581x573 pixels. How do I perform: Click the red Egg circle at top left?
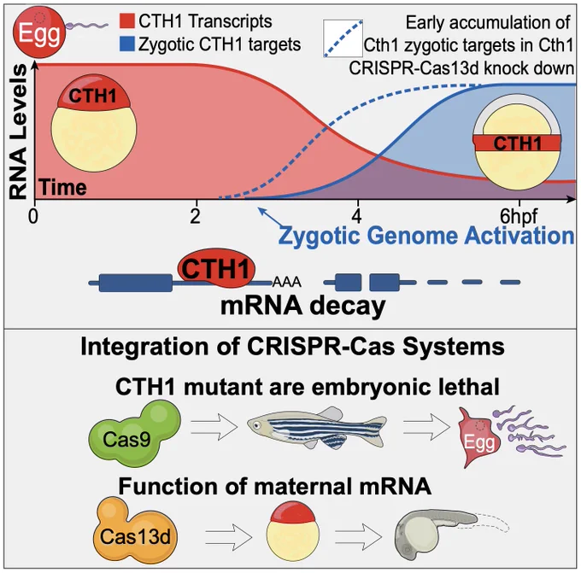coord(39,32)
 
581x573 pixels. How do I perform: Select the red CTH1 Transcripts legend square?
coord(126,20)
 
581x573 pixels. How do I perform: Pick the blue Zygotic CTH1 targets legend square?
coord(126,44)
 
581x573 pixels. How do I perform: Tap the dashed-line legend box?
coord(343,38)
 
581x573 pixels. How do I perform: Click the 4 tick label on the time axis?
coord(357,216)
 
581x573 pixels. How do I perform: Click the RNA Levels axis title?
coord(18,132)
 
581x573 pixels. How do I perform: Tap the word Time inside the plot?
coord(62,187)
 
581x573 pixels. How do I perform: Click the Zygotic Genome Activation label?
coord(426,236)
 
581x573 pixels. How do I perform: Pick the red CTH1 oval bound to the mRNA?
coord(216,268)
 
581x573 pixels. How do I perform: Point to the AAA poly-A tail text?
coord(287,283)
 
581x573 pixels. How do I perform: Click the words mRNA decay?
coord(303,307)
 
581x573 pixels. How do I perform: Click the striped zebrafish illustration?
coord(317,428)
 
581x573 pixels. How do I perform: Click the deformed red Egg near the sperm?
coord(479,437)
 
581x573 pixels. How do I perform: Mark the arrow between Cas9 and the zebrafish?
coord(214,427)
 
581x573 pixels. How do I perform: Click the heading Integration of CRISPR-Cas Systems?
coord(292,347)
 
